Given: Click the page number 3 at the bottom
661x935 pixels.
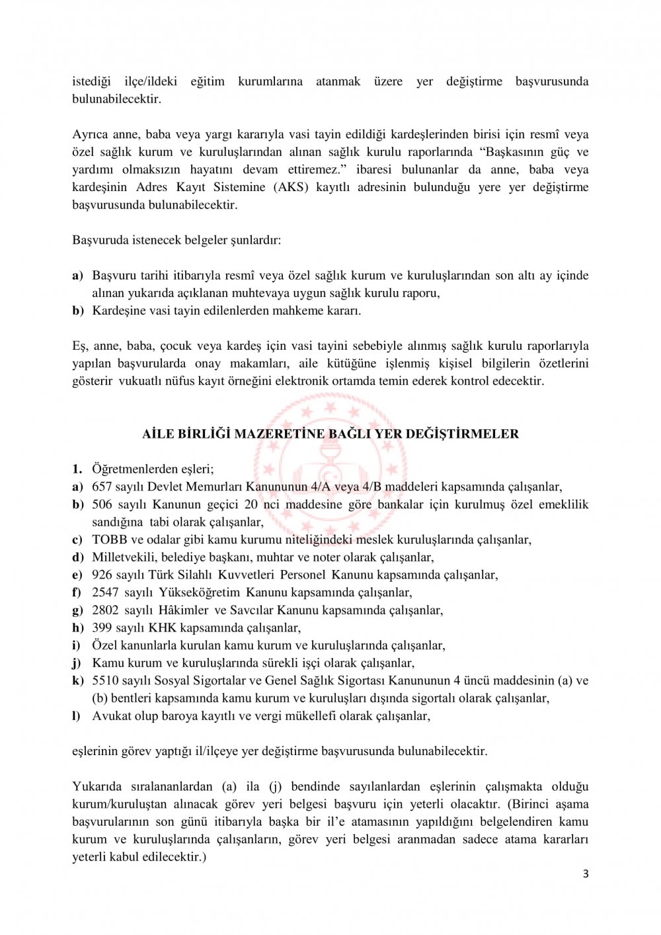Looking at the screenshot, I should [585, 874].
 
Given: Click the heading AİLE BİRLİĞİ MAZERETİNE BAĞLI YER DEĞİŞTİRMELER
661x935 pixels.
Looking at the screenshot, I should [330, 434].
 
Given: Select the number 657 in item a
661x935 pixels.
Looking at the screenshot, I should [102, 487].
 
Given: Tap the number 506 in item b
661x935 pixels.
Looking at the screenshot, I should [103, 505].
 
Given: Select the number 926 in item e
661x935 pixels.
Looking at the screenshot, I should [102, 575].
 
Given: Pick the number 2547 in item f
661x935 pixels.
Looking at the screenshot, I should [105, 592].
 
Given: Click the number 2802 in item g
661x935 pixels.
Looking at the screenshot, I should [105, 610].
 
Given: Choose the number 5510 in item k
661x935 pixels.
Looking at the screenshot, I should [105, 680].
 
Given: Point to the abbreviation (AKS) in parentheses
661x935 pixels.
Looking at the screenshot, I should [288, 187].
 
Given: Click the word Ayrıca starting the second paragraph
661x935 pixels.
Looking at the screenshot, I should [90, 134].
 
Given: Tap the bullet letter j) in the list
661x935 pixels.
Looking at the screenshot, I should [77, 663].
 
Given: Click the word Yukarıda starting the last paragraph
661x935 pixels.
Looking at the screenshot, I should [97, 786].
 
